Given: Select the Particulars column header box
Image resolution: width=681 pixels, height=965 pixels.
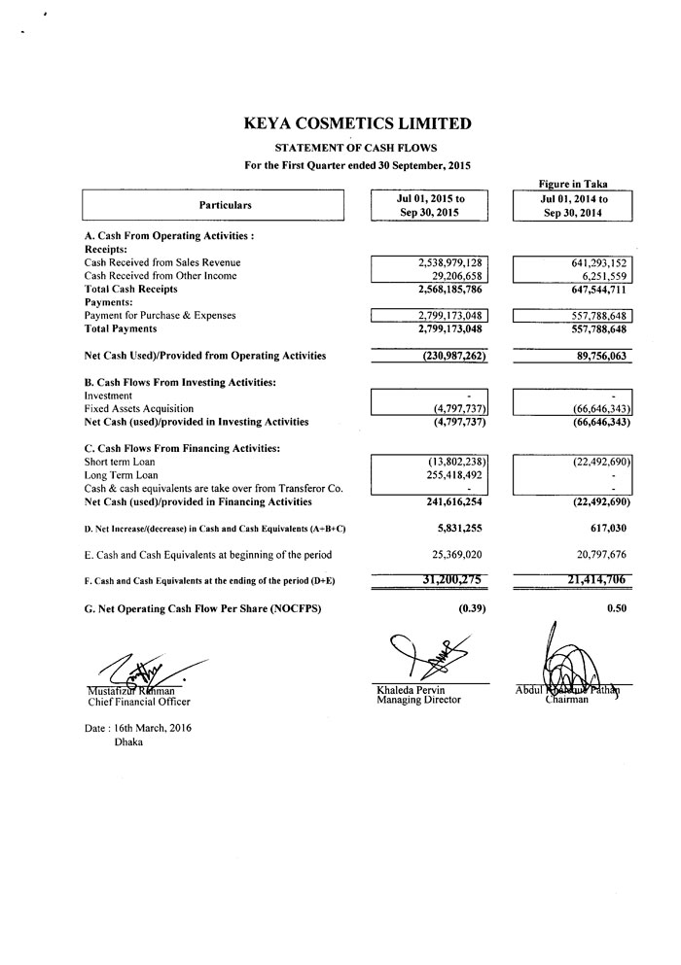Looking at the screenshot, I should (x=213, y=205).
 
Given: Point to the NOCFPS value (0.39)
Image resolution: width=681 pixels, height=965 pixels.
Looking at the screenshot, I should (x=471, y=608).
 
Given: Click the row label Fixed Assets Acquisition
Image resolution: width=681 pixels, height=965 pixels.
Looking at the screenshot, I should (x=139, y=409).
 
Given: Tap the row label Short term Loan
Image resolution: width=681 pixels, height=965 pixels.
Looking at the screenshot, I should (x=120, y=462).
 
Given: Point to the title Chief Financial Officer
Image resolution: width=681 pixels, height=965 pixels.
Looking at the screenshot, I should (x=137, y=701).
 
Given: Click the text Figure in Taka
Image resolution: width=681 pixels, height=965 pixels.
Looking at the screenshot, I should (x=573, y=184).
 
